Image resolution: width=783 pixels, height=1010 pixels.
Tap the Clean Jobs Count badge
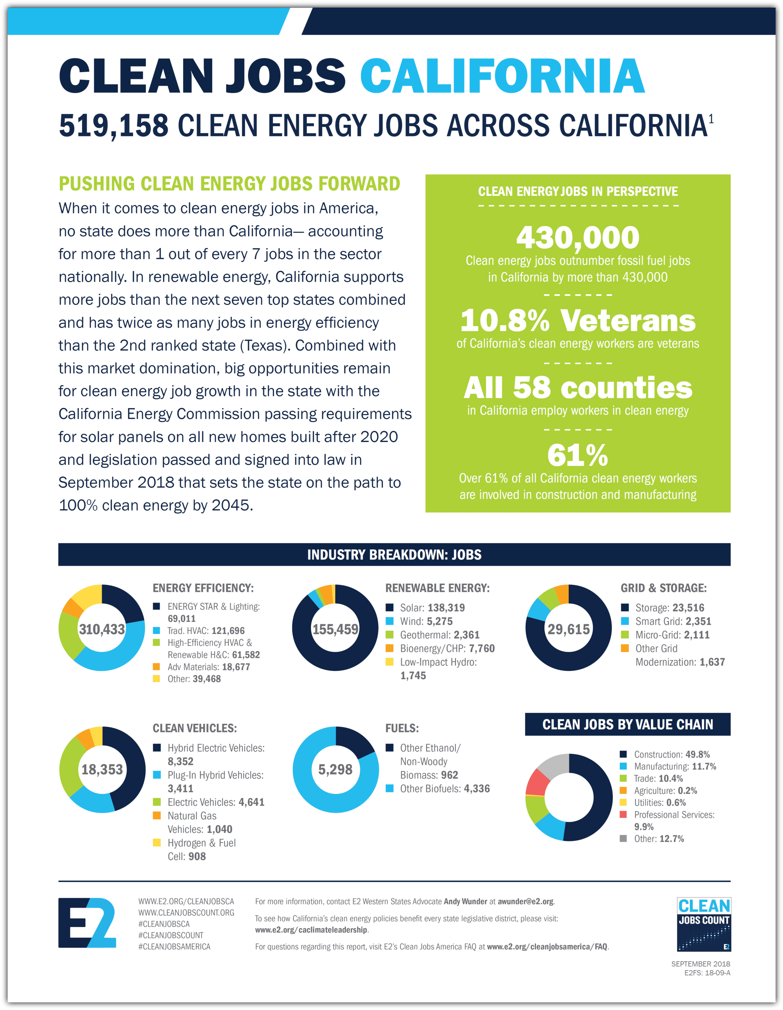point(703,924)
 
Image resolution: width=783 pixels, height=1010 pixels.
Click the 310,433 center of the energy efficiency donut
point(102,629)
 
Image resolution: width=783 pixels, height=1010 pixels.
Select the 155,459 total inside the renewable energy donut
point(335,629)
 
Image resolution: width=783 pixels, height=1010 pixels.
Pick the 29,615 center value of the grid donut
point(568,629)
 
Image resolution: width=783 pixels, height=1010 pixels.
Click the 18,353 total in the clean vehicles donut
point(102,769)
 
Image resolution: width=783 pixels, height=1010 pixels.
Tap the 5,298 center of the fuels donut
point(335,769)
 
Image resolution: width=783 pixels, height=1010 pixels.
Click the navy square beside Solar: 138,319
point(390,607)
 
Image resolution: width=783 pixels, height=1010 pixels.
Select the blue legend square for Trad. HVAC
point(157,630)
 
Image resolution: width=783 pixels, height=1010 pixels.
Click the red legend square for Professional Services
point(623,814)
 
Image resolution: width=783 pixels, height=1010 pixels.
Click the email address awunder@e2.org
point(525,901)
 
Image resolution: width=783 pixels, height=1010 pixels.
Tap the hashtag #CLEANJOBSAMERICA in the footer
point(174,947)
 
